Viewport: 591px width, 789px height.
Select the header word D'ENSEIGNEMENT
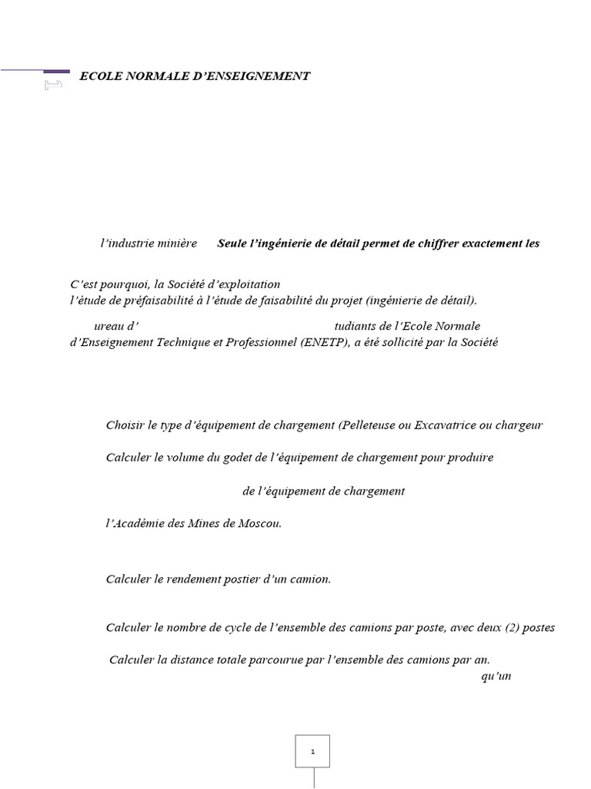pos(255,76)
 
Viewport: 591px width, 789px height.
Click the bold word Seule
pos(233,243)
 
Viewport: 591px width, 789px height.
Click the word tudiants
pos(358,327)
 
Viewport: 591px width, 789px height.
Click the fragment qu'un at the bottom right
pos(496,677)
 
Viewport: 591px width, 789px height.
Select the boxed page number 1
pos(312,750)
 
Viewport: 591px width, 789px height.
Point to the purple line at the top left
pos(35,70)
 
